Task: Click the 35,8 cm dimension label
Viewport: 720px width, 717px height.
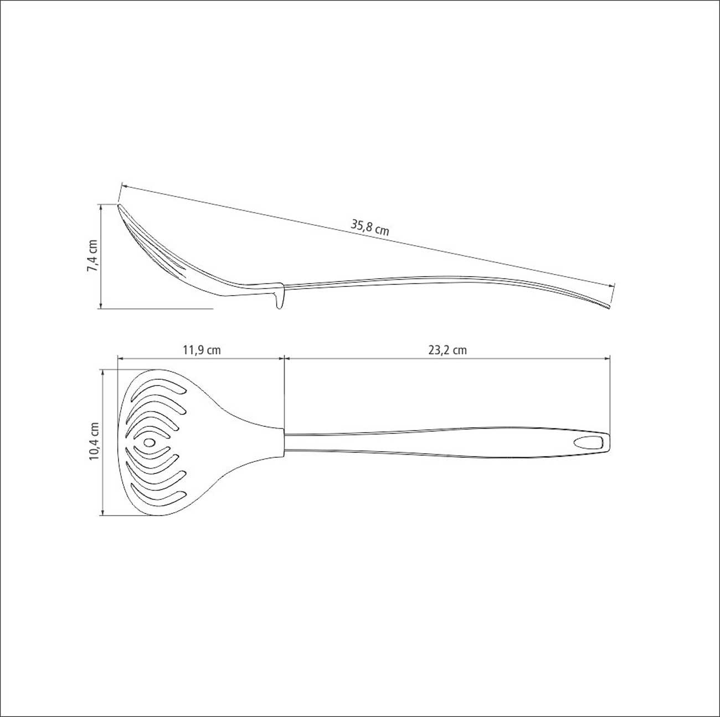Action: coord(370,228)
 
